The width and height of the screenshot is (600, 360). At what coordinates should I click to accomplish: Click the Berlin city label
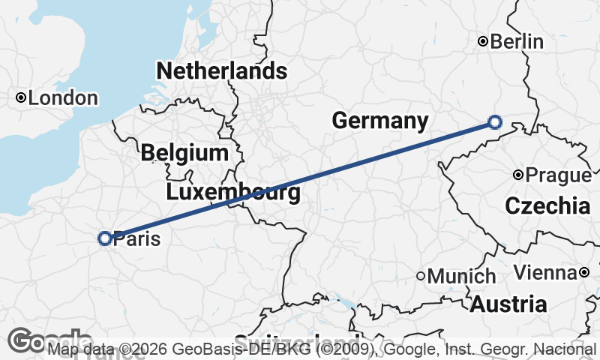[517, 42]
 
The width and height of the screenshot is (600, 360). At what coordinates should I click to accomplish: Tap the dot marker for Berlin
[484, 41]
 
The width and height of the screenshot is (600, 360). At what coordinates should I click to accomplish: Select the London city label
[63, 98]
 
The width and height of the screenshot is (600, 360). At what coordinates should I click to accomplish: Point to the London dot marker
[21, 97]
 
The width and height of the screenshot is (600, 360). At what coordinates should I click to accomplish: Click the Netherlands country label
[221, 71]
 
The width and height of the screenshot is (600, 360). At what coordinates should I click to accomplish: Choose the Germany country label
[380, 121]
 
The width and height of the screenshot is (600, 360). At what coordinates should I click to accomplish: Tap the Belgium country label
[184, 154]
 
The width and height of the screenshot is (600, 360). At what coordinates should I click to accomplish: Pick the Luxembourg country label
[233, 193]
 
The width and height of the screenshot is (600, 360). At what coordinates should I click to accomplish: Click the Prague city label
[558, 175]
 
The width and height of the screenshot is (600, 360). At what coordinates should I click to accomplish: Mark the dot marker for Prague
[518, 175]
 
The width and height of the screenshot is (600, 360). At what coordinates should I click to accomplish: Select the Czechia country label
[547, 206]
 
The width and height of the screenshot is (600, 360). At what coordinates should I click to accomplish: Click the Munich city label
[461, 276]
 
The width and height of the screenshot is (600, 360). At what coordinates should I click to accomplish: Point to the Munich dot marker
[421, 276]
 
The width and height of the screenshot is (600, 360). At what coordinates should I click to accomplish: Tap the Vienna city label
[546, 272]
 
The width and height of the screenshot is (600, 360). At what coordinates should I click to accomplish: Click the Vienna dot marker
[584, 272]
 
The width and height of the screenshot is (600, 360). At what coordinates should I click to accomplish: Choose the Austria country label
[508, 304]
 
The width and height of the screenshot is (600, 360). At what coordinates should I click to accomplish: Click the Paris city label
[136, 239]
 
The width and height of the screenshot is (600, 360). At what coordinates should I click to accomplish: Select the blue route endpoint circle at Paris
[105, 238]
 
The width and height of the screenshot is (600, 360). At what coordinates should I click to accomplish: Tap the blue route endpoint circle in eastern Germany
[494, 121]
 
